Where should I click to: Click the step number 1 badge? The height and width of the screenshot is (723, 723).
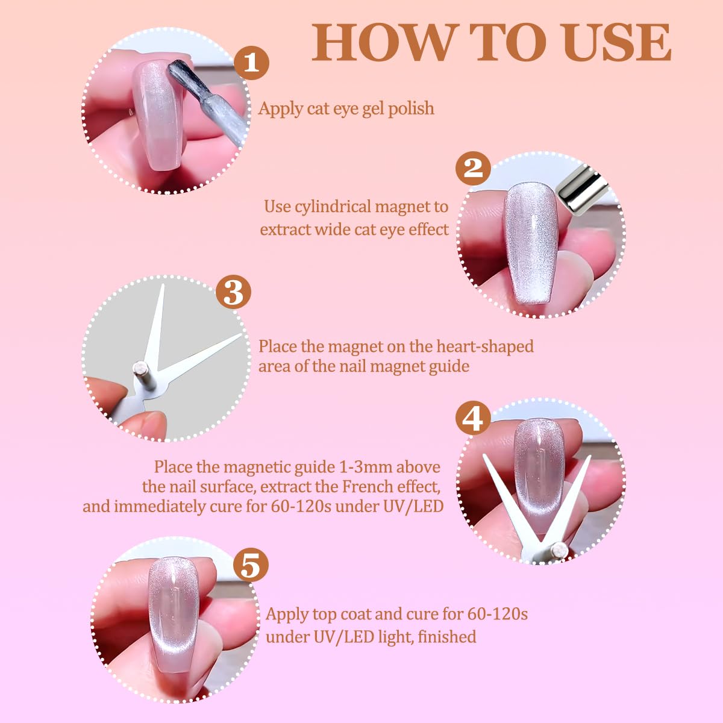pyautogui.click(x=251, y=62)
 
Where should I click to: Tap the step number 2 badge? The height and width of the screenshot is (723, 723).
pyautogui.click(x=473, y=168)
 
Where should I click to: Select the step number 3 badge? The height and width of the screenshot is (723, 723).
pyautogui.click(x=233, y=292)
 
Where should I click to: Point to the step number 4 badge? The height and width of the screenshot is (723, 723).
pyautogui.click(x=473, y=418)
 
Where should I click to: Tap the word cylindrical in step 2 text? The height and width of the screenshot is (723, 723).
pyautogui.click(x=334, y=207)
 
